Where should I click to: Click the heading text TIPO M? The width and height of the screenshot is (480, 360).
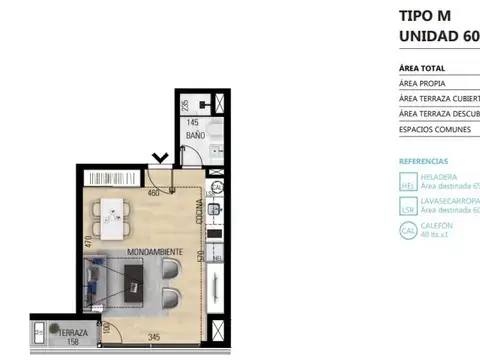pos(426,16)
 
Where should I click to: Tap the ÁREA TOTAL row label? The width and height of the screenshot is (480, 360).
pos(422,69)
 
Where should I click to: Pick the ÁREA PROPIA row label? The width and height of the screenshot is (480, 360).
pos(423,84)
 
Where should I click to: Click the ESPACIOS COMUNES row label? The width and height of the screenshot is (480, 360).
pos(434,129)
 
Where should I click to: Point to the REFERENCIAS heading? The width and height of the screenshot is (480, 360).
pos(424,161)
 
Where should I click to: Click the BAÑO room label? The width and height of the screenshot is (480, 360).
pos(194,134)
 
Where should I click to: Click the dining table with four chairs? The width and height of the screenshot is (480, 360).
pos(112,212)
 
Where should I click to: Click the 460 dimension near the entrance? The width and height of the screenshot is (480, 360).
pos(154,192)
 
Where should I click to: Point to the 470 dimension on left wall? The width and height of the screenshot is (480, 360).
pos(89,241)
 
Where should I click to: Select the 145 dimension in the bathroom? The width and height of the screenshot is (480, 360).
pos(193,122)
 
